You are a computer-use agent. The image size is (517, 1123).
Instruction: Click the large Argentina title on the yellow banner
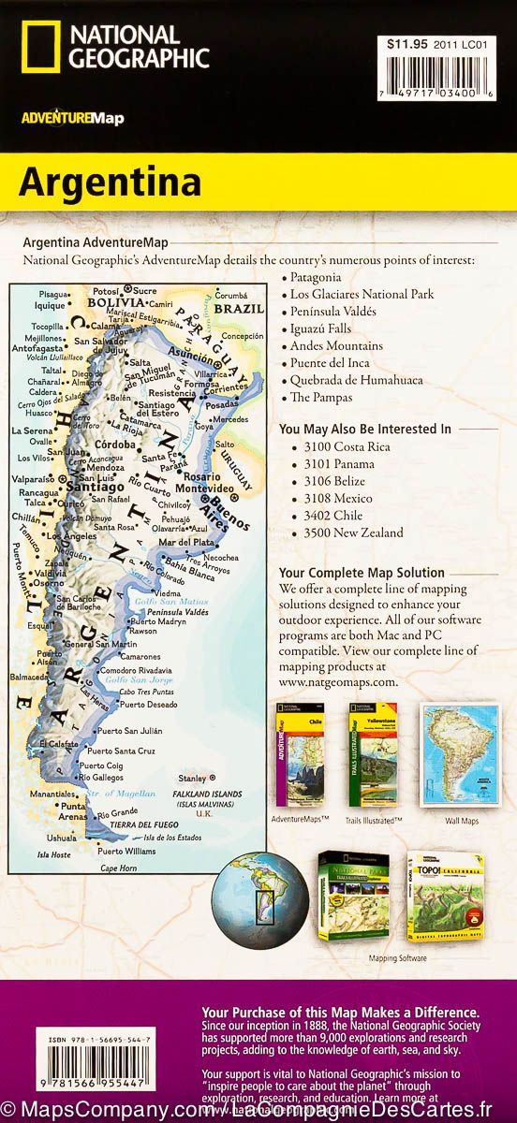[110, 182]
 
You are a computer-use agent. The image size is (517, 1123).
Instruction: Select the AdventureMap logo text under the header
[71, 118]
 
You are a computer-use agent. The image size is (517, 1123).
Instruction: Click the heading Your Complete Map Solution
[362, 573]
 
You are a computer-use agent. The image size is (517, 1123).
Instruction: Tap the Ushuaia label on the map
[63, 838]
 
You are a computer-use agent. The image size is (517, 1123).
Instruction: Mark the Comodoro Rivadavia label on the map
[137, 670]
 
